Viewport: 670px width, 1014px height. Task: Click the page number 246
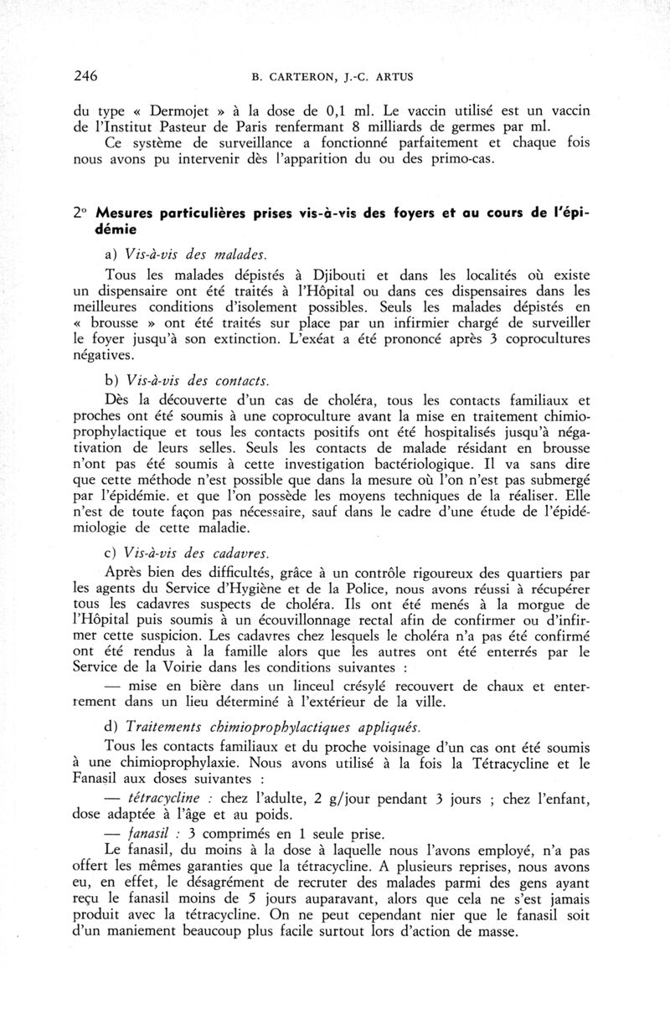point(85,75)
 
